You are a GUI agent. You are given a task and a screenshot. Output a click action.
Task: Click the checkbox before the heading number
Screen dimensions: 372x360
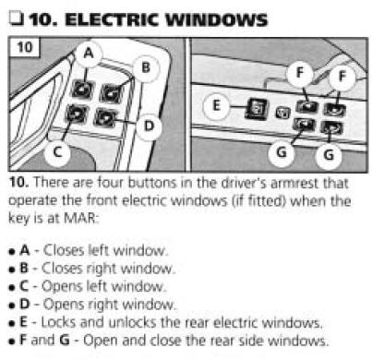coord(16,18)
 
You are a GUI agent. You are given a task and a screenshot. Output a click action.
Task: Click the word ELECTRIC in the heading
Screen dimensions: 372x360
coord(113,20)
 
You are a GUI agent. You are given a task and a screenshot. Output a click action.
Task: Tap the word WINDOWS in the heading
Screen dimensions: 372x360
coord(216,20)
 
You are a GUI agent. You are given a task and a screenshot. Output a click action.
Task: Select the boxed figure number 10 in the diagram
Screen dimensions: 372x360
coord(25,47)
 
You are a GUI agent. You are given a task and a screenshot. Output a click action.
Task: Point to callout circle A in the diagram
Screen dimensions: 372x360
coord(89,54)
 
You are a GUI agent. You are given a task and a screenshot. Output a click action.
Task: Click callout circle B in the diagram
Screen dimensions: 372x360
coord(146,67)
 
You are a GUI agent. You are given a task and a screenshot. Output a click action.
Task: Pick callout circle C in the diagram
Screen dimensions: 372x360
coord(58,152)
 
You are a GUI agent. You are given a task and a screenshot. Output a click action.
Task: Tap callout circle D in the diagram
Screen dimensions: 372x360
coord(149,126)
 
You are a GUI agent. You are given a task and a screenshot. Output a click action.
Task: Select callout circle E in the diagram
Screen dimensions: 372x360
coord(216,105)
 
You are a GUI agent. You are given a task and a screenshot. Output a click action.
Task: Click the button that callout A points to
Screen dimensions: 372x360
coord(83,89)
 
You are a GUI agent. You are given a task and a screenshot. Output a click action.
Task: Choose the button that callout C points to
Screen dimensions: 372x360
coord(76,114)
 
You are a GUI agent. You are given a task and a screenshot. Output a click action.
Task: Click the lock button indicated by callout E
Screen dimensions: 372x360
coord(257,109)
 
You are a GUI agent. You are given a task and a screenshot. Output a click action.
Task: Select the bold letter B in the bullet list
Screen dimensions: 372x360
coord(24,268)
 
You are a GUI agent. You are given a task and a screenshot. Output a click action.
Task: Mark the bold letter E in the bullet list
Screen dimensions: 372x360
coord(23,322)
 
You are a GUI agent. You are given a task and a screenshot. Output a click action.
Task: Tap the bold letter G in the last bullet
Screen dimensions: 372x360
coord(65,341)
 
